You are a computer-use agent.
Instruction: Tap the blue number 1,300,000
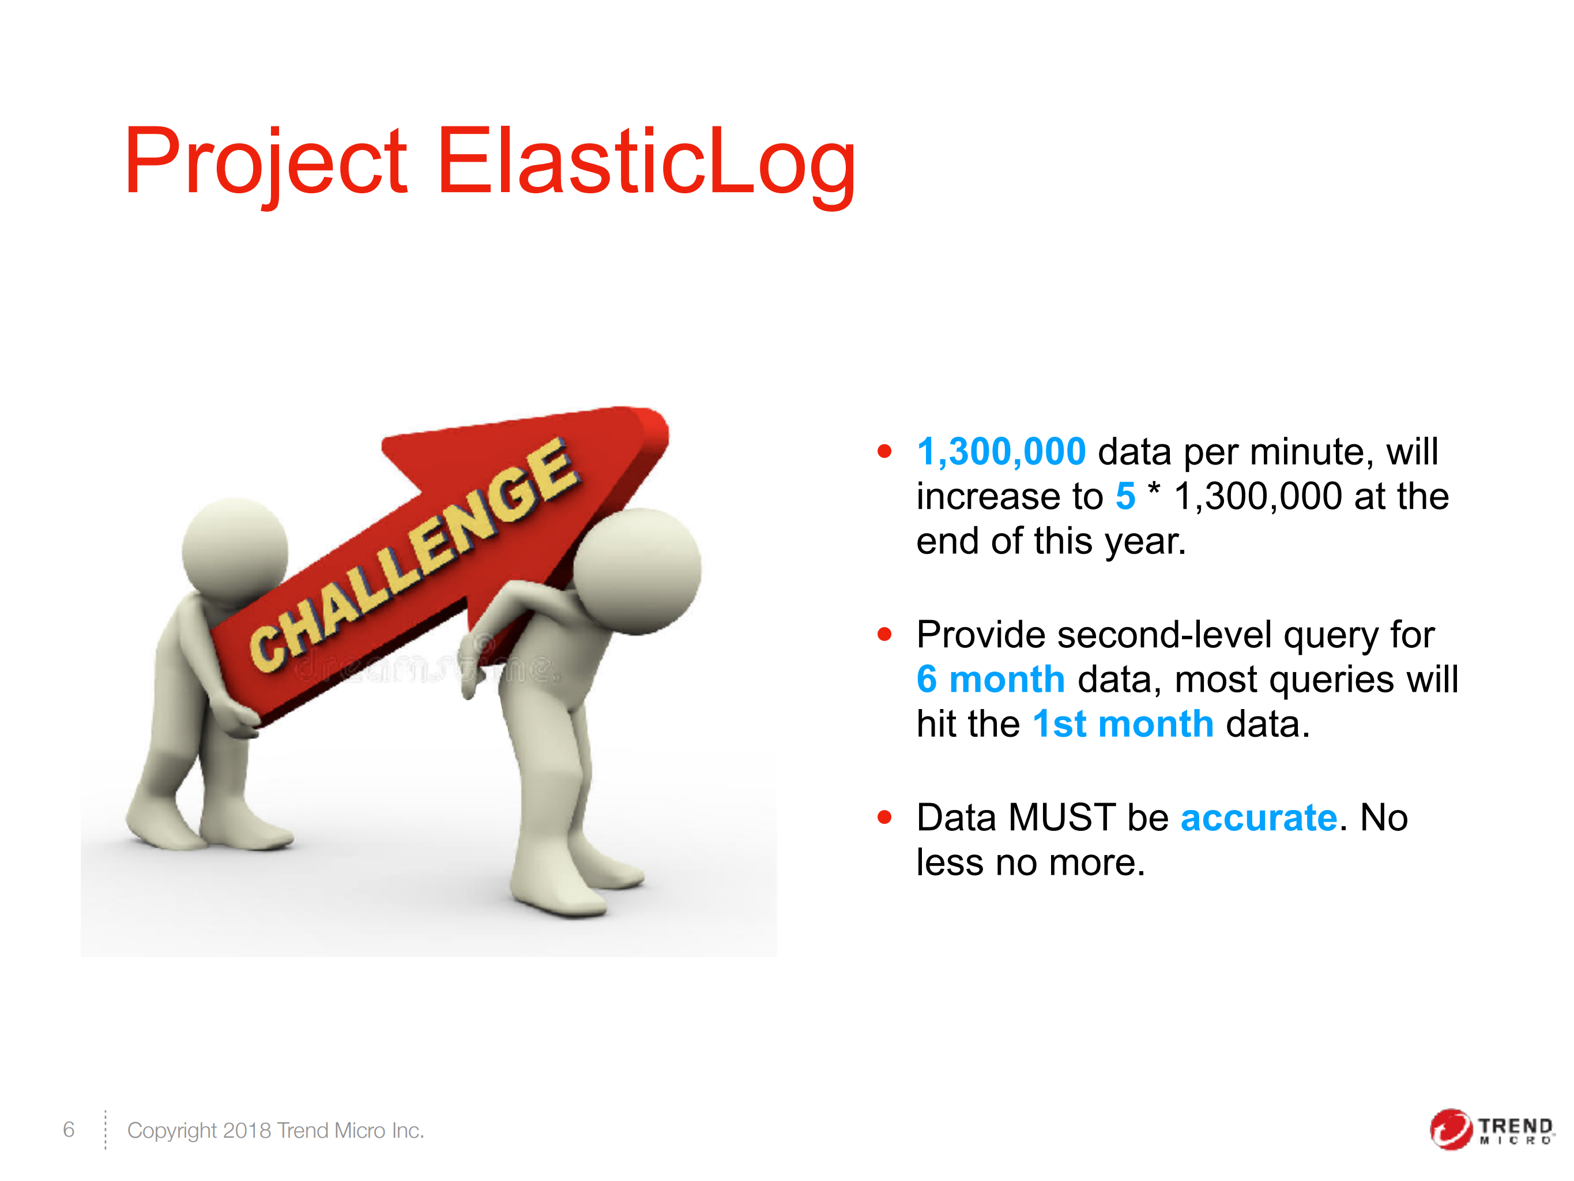1001,452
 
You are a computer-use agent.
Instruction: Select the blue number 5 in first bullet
1125,496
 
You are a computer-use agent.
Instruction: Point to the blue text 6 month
991,679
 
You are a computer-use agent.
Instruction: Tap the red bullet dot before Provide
884,633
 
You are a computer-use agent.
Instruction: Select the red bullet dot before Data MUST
884,816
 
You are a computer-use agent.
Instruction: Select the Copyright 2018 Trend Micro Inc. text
276,1130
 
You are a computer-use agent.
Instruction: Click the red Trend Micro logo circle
1450,1129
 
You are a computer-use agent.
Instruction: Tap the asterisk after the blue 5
1154,491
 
